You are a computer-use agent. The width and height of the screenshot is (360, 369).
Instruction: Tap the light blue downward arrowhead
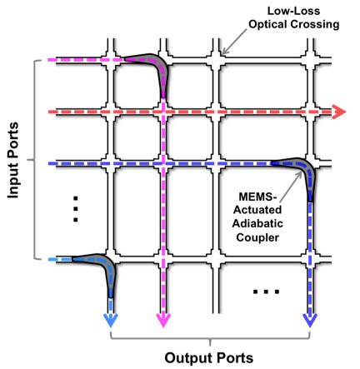coord(112,322)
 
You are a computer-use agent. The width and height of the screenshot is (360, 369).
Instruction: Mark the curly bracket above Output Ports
coord(211,339)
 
